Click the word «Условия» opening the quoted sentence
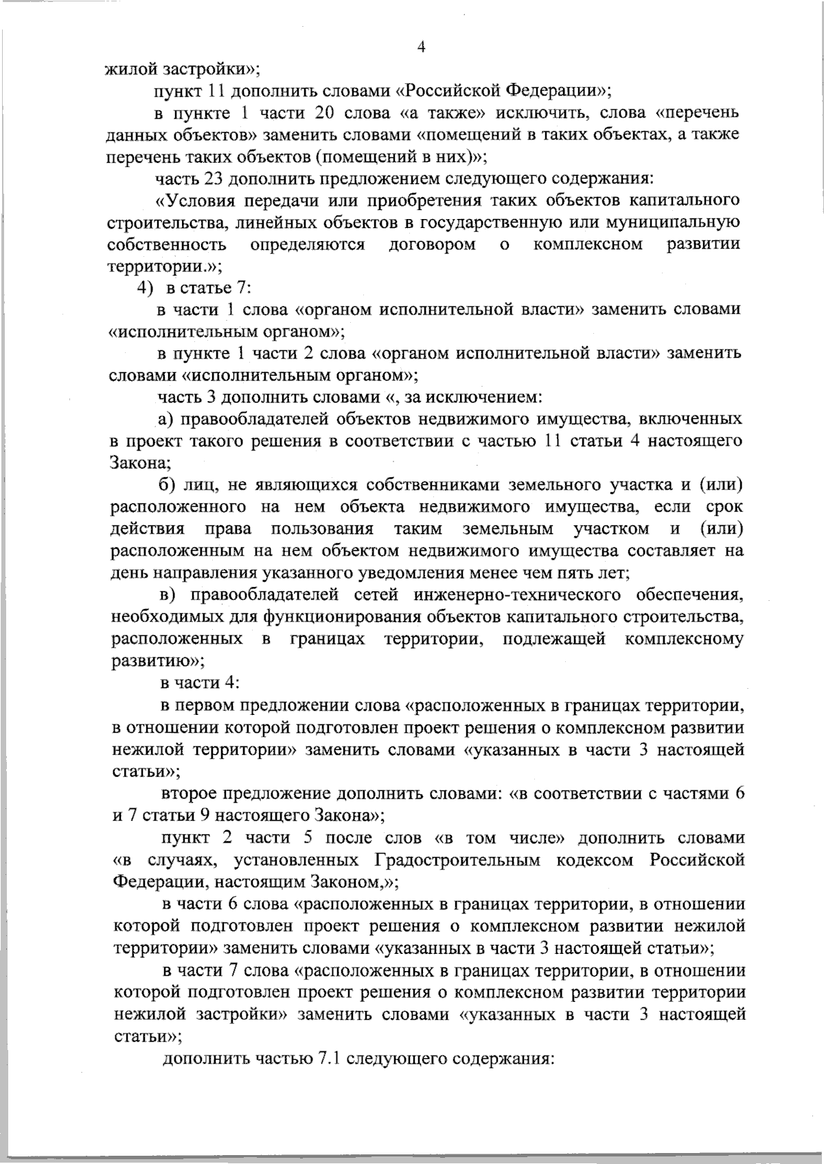196,201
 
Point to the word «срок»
724,507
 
